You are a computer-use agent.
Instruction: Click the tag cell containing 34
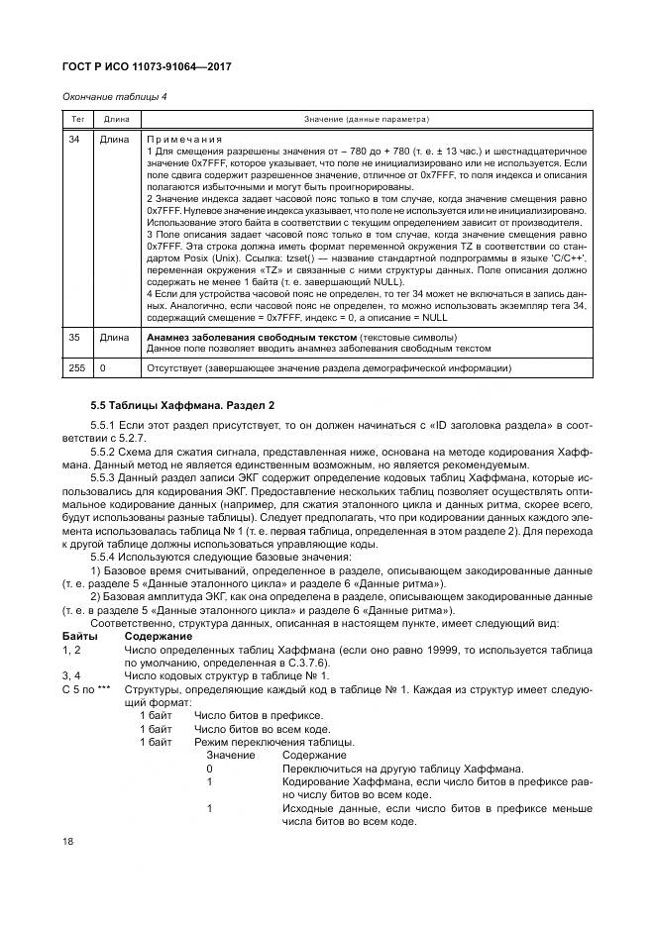(73, 140)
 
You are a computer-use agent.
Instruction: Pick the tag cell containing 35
(73, 338)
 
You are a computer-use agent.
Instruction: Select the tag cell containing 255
(76, 368)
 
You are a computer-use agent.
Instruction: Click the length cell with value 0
(103, 368)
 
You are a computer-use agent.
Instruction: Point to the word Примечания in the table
(184, 140)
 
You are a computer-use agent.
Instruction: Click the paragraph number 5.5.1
(105, 424)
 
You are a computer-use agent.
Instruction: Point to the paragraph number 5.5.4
(105, 557)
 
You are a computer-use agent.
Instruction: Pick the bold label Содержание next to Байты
(159, 635)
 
